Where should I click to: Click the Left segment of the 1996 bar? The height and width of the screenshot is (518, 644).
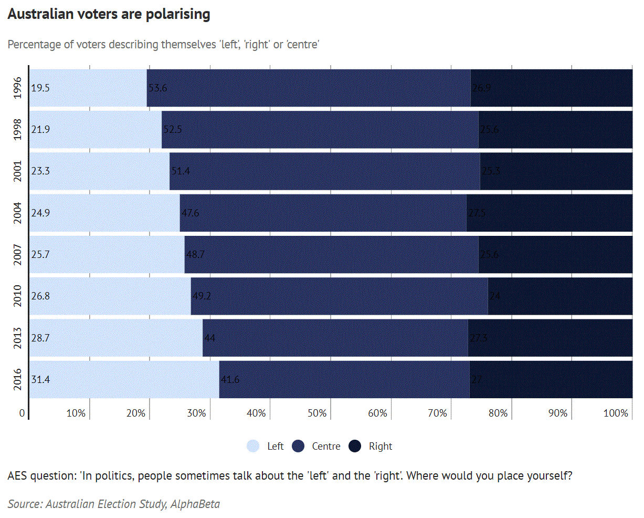tap(88, 88)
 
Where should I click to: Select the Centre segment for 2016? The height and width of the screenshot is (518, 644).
tap(344, 379)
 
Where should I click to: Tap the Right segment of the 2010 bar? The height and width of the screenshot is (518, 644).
tap(560, 296)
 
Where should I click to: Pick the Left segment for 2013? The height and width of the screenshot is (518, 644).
tap(115, 338)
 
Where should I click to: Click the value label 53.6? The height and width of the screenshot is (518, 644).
tap(157, 88)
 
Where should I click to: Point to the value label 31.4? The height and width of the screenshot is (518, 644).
tap(40, 379)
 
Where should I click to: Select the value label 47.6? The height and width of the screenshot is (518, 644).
tap(190, 213)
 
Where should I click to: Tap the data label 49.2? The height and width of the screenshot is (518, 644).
tap(202, 296)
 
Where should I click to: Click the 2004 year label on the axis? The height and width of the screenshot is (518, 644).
tap(18, 213)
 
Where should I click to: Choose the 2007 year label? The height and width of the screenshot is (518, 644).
tap(18, 254)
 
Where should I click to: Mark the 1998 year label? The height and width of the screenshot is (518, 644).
tap(18, 129)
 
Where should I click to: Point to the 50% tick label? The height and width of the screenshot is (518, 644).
tap(316, 413)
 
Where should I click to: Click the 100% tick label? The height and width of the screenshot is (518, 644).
tap(616, 413)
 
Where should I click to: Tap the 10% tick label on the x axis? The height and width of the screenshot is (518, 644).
tap(76, 413)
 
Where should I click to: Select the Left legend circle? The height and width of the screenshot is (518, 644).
tap(253, 446)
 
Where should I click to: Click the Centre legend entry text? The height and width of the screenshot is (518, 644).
tap(326, 446)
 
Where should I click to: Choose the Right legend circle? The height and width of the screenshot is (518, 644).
tap(355, 446)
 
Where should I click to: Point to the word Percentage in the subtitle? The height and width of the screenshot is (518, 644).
tap(34, 45)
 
